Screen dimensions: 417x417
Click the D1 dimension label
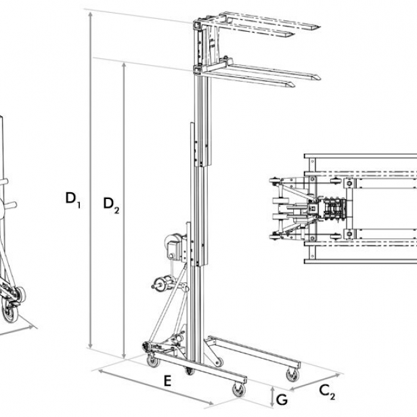[72, 199]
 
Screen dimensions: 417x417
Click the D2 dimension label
[111, 204]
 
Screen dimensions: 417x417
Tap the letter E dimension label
[167, 381]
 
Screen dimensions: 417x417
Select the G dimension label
[282, 399]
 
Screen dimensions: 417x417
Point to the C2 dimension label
[327, 392]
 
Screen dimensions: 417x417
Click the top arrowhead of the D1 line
[91, 14]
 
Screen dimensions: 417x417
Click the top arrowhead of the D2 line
[124, 65]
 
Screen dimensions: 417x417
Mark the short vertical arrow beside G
[272, 397]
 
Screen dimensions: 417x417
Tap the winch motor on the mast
[175, 246]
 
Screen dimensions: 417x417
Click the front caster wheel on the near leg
[239, 390]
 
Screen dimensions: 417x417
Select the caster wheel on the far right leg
[292, 375]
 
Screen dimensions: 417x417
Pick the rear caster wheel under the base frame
[153, 361]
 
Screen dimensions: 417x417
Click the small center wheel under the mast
[190, 371]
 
